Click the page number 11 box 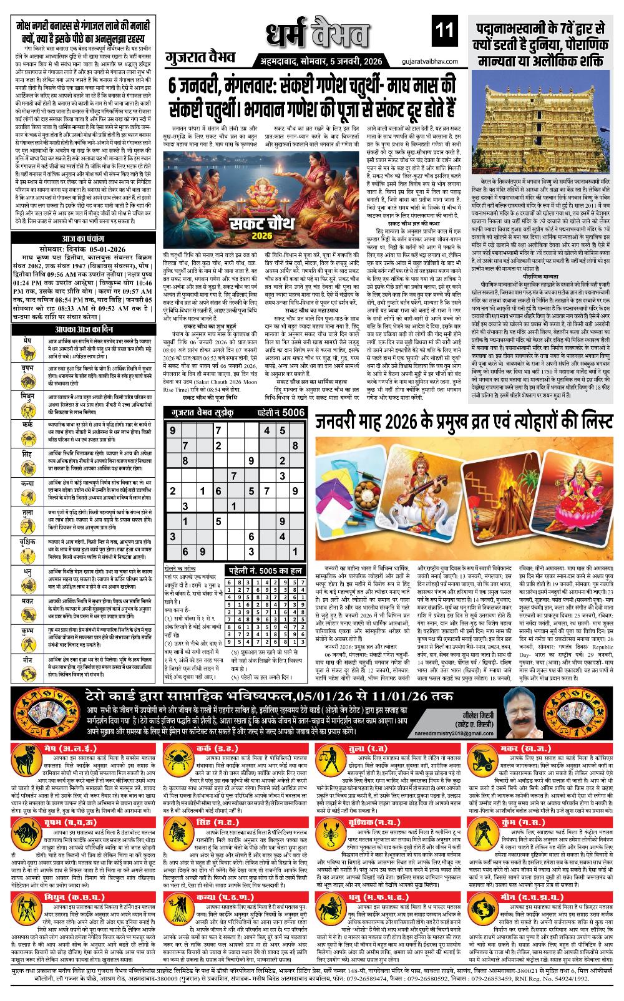pyautogui.click(x=444, y=29)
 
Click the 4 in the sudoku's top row pyautogui.click(x=266, y=430)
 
